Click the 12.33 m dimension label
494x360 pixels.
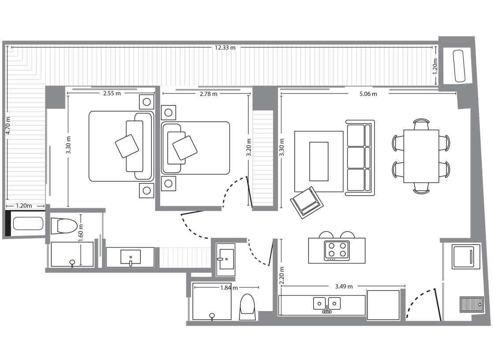(225, 48)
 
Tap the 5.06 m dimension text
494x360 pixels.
(368, 94)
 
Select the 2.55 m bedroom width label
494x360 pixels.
(112, 94)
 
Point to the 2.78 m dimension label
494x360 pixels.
(208, 94)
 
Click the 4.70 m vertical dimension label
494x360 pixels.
(8, 125)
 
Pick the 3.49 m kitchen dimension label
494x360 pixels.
(344, 287)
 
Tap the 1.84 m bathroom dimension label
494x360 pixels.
(229, 288)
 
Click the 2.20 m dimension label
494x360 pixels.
(282, 276)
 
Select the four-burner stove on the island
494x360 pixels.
(337, 251)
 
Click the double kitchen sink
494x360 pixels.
(327, 304)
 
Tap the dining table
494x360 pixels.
(421, 156)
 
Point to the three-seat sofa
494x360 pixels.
(360, 158)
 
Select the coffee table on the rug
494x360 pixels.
(319, 161)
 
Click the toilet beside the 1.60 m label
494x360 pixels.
(64, 226)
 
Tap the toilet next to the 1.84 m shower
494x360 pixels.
(247, 307)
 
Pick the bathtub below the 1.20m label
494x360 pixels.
(28, 224)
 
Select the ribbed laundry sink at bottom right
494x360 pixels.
(472, 304)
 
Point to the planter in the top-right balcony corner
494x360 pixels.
(459, 66)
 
